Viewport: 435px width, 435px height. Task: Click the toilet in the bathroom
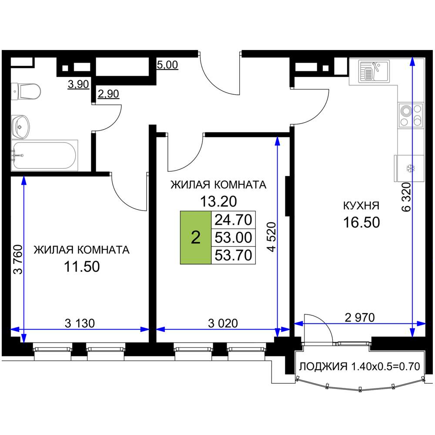click(x=26, y=91)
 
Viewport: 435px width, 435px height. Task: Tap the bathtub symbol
click(x=44, y=155)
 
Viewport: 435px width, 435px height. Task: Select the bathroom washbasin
click(x=20, y=127)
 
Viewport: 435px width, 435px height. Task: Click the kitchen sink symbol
click(x=374, y=72)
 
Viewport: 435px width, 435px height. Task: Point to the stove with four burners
click(x=411, y=115)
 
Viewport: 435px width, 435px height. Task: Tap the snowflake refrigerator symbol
click(x=410, y=168)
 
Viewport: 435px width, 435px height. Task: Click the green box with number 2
click(x=196, y=238)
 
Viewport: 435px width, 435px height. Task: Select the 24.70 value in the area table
click(x=233, y=220)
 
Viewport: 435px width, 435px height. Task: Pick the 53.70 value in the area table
click(x=233, y=255)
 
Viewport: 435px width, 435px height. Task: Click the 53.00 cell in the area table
click(x=233, y=238)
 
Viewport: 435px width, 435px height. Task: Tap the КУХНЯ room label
click(x=361, y=206)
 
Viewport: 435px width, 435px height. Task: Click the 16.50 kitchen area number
click(x=361, y=222)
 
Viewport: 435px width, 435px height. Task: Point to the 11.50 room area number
click(x=82, y=267)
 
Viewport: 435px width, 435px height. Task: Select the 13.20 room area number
click(x=219, y=201)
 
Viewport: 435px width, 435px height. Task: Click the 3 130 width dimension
click(x=80, y=323)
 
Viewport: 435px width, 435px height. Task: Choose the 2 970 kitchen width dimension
click(x=360, y=318)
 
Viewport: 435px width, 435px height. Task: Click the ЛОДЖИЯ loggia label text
click(x=323, y=366)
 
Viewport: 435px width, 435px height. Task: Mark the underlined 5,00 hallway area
click(x=167, y=65)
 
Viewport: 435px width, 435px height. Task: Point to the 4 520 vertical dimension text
click(x=271, y=237)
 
